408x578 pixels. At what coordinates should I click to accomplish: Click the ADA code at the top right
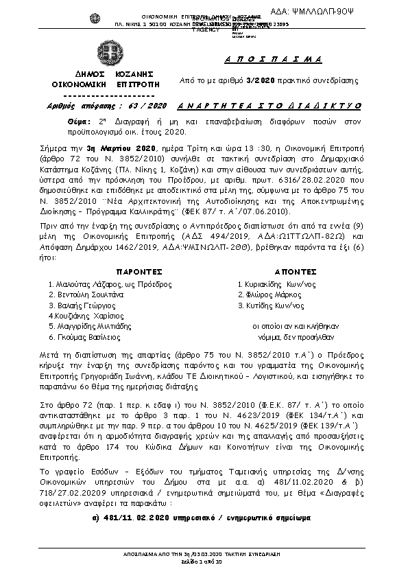click(x=359, y=11)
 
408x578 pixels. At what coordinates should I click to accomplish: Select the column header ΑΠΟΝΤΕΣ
click(x=295, y=271)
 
